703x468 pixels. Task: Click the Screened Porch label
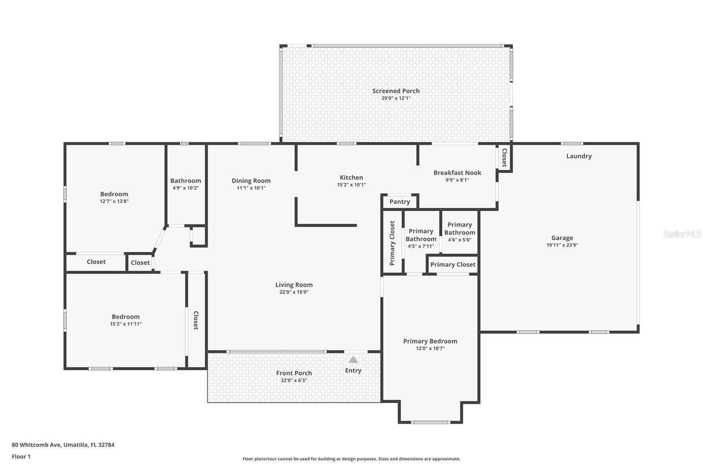click(396, 91)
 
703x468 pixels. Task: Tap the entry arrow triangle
click(353, 360)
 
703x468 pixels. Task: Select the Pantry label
click(399, 202)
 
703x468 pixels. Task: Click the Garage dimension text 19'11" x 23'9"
click(562, 245)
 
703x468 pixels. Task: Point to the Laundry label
click(579, 156)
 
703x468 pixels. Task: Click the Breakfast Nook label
click(457, 173)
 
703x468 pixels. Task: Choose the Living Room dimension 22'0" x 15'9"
click(294, 292)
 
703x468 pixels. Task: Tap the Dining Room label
click(251, 181)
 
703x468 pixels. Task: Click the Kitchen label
click(351, 178)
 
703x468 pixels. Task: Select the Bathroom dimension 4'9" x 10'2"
click(185, 188)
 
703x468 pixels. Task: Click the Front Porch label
click(294, 373)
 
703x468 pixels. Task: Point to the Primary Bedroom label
click(430, 341)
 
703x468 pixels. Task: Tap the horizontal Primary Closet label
click(453, 265)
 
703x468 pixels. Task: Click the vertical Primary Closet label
click(392, 243)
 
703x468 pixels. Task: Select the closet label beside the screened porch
click(504, 158)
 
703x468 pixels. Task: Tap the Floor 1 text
click(21, 457)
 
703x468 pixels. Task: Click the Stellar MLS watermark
click(682, 234)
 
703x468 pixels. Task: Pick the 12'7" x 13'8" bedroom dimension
click(114, 202)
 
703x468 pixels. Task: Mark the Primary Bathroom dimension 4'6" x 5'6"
click(460, 240)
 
